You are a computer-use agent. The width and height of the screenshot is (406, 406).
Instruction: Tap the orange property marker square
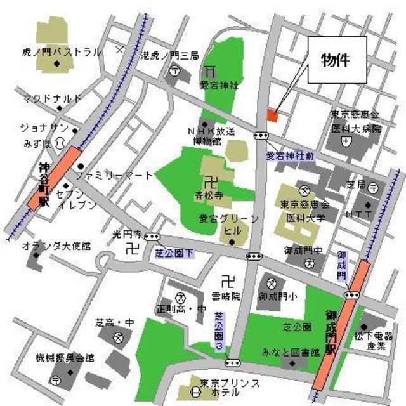pos(272,115)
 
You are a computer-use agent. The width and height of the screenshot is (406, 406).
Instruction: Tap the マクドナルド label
pos(52,98)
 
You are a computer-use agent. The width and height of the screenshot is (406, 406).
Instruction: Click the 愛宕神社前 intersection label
pos(290,155)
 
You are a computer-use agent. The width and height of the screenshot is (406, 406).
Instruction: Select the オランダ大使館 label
pos(56,245)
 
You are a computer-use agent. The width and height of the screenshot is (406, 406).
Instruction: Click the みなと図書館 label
pos(285,352)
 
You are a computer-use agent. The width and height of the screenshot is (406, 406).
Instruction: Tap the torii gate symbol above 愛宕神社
pos(210,70)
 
